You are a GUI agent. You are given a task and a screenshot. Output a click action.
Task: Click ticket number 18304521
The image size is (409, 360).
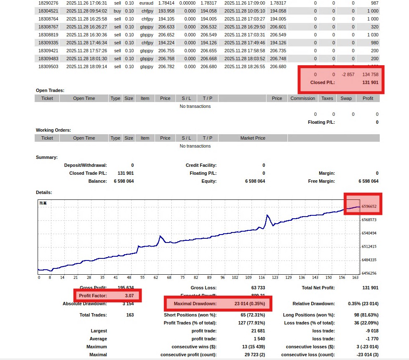coord(47,11)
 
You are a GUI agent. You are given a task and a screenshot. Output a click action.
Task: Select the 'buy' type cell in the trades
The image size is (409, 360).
coord(117,11)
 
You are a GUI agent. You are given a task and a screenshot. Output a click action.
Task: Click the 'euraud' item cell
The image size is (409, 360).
coord(147,3)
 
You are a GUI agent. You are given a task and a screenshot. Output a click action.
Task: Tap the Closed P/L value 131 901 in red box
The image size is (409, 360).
coord(370,82)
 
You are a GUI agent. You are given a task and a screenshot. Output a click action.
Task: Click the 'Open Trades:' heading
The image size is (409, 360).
coord(50,90)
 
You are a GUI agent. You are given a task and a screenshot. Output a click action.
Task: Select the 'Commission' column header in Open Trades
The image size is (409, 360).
coord(302,98)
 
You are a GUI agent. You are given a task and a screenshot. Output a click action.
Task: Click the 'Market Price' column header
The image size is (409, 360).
coord(253,138)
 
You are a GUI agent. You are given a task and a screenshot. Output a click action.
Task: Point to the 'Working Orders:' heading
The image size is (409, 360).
coord(53,130)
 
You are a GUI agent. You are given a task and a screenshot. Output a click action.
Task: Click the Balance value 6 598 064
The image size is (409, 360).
coord(124,181)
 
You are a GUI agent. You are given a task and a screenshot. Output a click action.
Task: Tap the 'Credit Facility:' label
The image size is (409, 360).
coord(201,165)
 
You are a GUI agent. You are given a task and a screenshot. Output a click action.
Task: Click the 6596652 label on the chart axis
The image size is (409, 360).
coord(369,206)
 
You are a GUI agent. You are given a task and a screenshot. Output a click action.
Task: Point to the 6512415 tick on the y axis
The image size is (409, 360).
coord(369,247)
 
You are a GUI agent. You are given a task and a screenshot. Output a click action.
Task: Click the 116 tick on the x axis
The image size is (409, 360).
coord(262,277)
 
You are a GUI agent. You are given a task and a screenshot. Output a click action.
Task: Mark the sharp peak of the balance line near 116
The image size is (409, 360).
coord(267,215)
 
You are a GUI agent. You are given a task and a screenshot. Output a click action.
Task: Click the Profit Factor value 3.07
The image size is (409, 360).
coord(129,296)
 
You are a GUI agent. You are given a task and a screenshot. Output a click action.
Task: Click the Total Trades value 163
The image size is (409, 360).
coord(130,315)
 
